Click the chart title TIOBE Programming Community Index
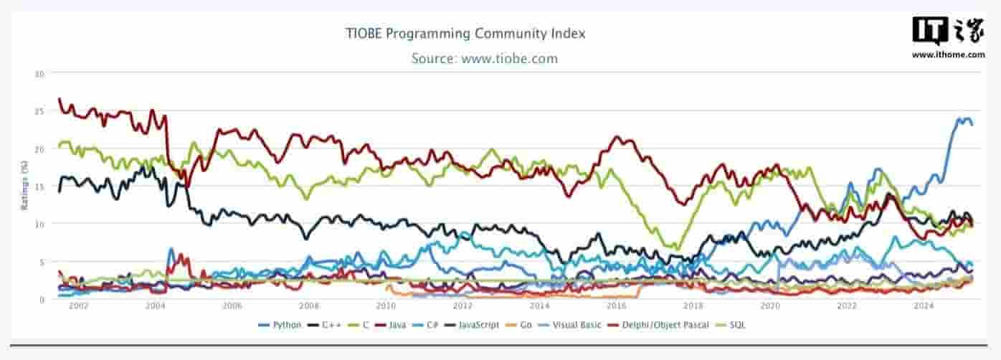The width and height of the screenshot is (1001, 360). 465,34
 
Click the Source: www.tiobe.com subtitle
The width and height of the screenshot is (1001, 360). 484,59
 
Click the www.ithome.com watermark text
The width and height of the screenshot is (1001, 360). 948,55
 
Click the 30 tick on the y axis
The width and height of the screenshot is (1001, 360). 39,74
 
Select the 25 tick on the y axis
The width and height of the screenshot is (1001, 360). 39,111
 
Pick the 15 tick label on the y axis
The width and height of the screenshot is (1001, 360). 39,186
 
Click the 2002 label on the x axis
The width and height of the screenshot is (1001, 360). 78,306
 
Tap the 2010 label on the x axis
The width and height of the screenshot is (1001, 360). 386,306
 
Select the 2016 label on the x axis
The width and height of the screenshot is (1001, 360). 617,306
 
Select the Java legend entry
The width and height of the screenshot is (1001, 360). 394,325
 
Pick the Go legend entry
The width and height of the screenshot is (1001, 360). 523,325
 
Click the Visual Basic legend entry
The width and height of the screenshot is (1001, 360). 574,325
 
